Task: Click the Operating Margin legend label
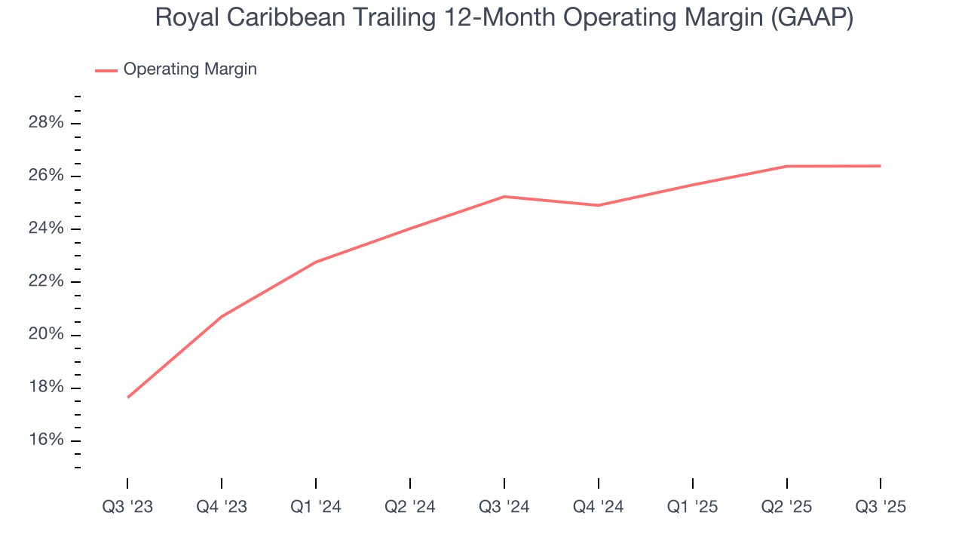tap(190, 69)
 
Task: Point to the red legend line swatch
tap(106, 70)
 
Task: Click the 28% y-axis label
tap(46, 123)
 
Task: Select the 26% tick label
tap(46, 176)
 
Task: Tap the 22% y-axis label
tap(46, 282)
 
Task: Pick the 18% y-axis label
tap(46, 388)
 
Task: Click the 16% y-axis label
tap(46, 440)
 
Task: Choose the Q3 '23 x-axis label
tap(127, 507)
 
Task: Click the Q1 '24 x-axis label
tap(316, 507)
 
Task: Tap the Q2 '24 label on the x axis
tap(410, 507)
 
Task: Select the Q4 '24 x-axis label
tap(599, 507)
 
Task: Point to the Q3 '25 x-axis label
tap(881, 507)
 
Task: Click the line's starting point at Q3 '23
tap(128, 397)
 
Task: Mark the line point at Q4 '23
tap(222, 316)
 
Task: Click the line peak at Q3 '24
tap(504, 197)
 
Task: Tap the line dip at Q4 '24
tap(598, 205)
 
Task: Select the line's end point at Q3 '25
tap(880, 166)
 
